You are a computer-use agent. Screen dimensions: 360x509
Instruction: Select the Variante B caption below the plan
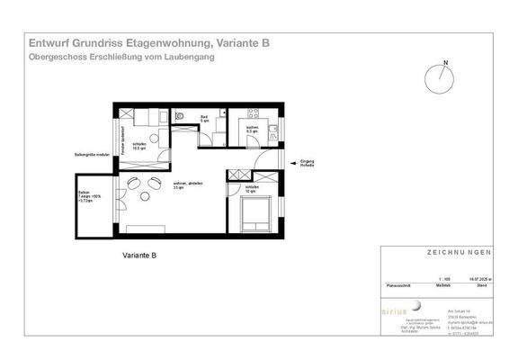(139, 256)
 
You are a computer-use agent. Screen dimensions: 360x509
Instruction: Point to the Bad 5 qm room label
(204, 119)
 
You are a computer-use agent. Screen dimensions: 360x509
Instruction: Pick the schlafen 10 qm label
(249, 189)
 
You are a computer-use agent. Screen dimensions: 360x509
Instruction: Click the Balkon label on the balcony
(84, 193)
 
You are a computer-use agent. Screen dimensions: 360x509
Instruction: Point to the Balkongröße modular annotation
(90, 155)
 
